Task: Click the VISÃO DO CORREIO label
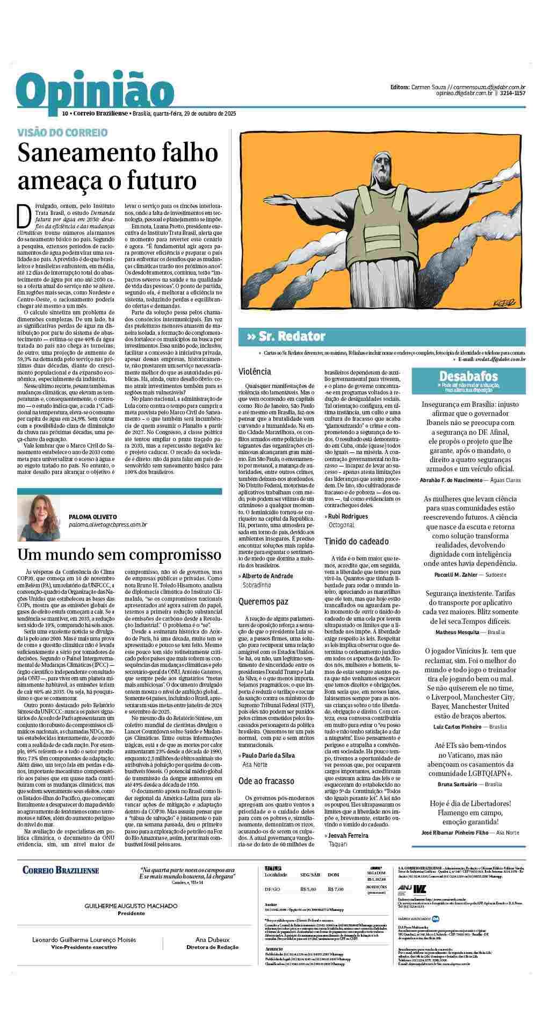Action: click(62, 132)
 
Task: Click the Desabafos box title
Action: click(468, 376)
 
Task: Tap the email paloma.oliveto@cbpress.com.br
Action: click(108, 524)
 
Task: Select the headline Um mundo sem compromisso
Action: click(119, 555)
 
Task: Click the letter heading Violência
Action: click(255, 371)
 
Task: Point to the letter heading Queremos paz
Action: click(263, 602)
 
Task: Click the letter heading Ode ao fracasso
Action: click(266, 780)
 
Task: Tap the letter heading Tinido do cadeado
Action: click(356, 541)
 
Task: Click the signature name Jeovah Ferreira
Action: click(348, 836)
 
